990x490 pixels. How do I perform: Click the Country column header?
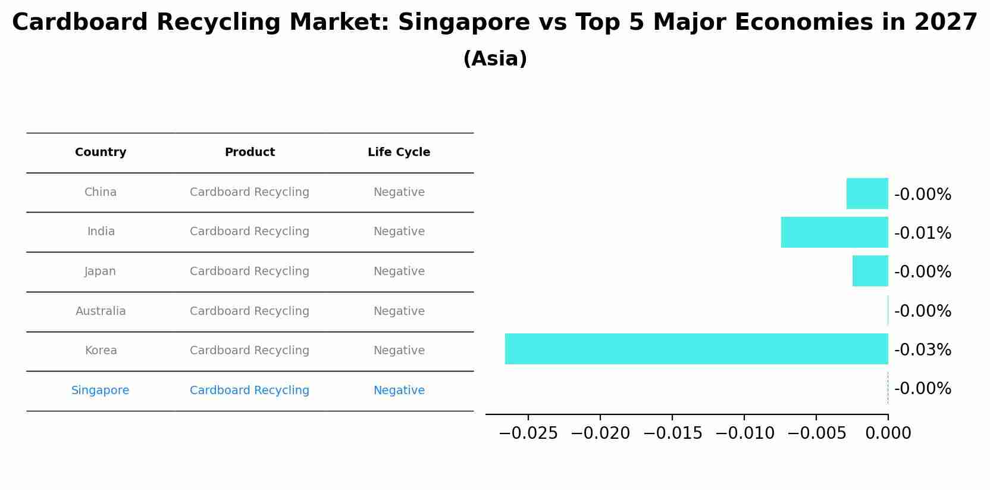[101, 152]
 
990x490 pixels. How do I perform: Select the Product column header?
[250, 152]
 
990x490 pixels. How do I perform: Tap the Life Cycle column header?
[399, 152]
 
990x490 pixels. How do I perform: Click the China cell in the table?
[101, 192]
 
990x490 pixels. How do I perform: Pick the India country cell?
[101, 232]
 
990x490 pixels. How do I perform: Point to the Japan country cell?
[100, 271]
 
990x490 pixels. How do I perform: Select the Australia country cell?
[101, 311]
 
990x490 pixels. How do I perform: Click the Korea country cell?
[101, 351]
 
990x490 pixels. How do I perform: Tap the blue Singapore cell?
[100, 391]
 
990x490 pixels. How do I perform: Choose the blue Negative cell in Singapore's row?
[399, 391]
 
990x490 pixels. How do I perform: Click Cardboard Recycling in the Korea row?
[249, 351]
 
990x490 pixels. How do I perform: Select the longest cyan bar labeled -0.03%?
[696, 349]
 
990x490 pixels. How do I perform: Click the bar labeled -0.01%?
[834, 232]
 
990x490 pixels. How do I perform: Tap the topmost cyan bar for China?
[867, 193]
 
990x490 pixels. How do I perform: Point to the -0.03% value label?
[922, 350]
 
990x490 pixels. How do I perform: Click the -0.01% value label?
[922, 233]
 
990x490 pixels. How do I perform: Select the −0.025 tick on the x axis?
[528, 433]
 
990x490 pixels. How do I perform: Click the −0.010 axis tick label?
[744, 433]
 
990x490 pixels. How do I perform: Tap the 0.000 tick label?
[888, 433]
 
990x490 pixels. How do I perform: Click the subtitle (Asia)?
[495, 59]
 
